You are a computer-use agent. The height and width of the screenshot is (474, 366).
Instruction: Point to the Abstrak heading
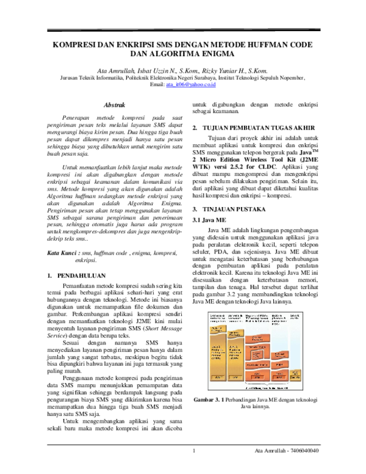coord(115,105)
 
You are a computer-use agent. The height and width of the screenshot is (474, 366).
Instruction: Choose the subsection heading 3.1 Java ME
coord(210,219)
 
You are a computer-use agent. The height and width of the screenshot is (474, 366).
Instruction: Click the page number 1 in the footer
coord(193,451)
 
